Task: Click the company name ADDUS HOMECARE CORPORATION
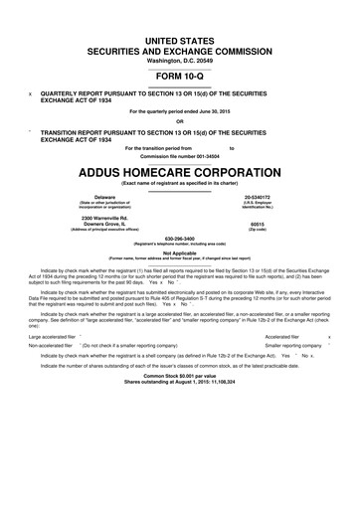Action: coord(180,170)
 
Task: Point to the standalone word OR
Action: coord(180,122)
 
